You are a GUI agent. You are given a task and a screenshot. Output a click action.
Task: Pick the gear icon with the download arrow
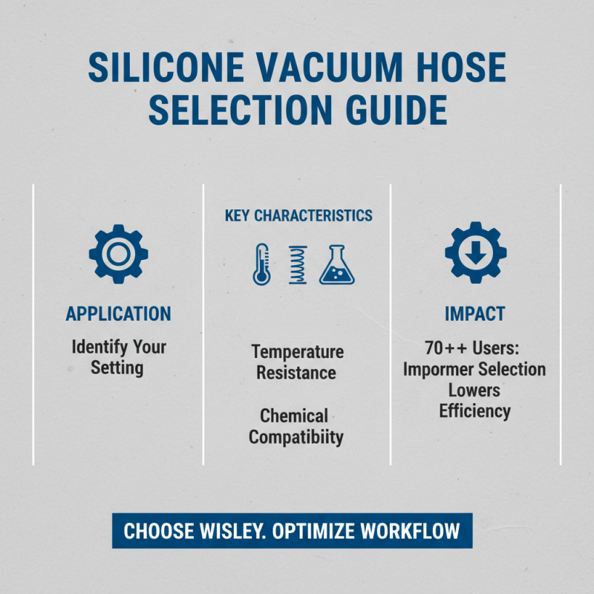pos(475,252)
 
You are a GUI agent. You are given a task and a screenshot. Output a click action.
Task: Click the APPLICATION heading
pos(118,314)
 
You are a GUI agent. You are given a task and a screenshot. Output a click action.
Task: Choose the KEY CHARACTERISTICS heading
pos(298,216)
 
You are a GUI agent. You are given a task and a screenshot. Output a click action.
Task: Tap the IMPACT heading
pos(474,314)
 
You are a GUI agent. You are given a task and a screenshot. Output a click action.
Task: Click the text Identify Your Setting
pos(118,356)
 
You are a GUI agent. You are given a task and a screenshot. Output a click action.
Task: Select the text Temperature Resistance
pos(297,362)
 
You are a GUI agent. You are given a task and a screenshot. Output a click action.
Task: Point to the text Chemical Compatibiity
pos(296,426)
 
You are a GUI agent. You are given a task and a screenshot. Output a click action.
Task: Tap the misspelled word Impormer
pos(439,369)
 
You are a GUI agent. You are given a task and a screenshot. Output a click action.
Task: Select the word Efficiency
pos(474,411)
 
